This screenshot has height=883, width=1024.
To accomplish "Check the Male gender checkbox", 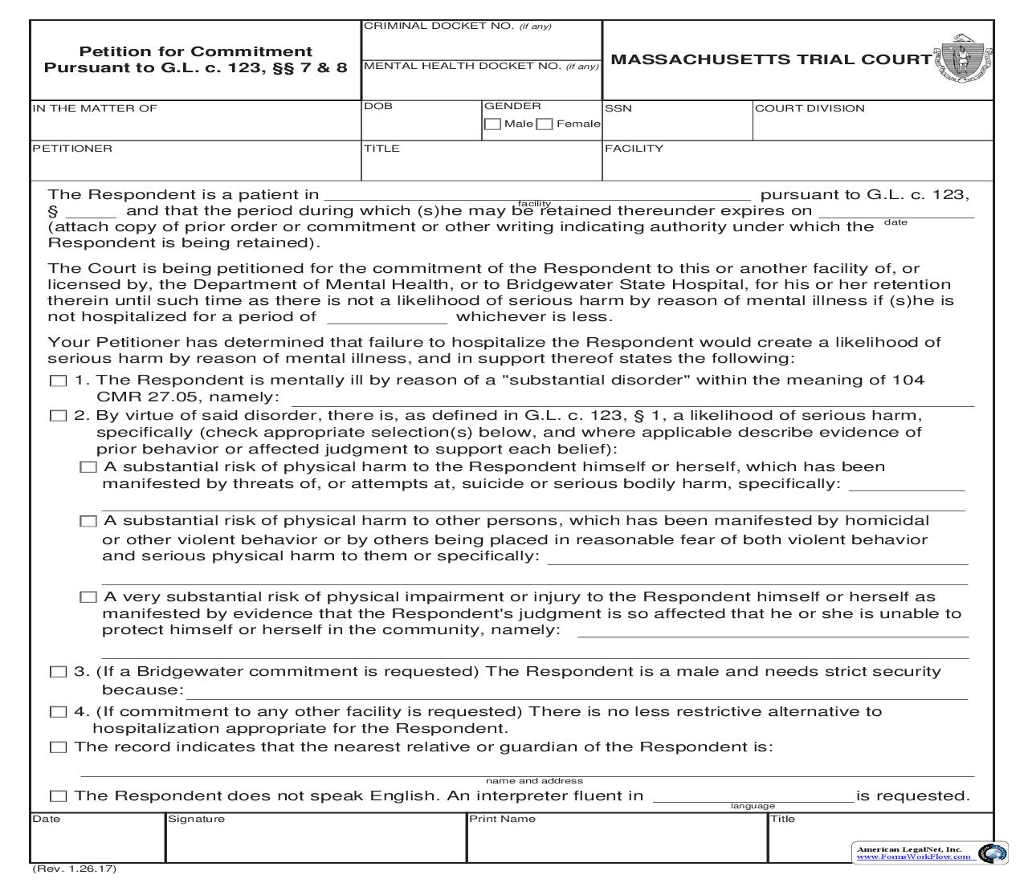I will click(x=492, y=124).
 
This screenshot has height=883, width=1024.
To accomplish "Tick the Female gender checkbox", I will click(x=544, y=124).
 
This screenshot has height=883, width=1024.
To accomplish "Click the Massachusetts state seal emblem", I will click(x=961, y=59).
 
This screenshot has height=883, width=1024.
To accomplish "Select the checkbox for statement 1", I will click(x=58, y=380).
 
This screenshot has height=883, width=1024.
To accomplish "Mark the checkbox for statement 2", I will click(x=58, y=416).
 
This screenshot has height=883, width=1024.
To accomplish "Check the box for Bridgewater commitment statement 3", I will click(x=58, y=672).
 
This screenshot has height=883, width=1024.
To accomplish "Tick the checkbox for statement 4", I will click(x=58, y=712).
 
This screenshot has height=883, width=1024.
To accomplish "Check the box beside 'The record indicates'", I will click(x=58, y=747).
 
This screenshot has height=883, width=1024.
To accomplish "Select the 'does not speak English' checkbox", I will click(x=58, y=796).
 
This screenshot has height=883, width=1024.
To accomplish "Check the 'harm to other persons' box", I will click(x=88, y=521).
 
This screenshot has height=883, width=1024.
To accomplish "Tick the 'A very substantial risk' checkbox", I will click(x=88, y=597).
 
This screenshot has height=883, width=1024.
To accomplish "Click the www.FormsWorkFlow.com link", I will click(x=914, y=857).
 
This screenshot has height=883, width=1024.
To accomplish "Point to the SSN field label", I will click(x=618, y=108).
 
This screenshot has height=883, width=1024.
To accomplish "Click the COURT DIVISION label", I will click(x=810, y=108).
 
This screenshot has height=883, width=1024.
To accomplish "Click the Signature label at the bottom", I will click(x=196, y=819).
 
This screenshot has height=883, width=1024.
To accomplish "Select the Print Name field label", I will click(x=502, y=819).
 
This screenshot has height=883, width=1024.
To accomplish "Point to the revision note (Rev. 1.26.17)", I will click(x=74, y=869).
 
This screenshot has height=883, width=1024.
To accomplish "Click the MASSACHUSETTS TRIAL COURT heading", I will click(x=771, y=59).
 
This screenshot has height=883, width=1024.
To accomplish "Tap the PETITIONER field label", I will click(x=72, y=149).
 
